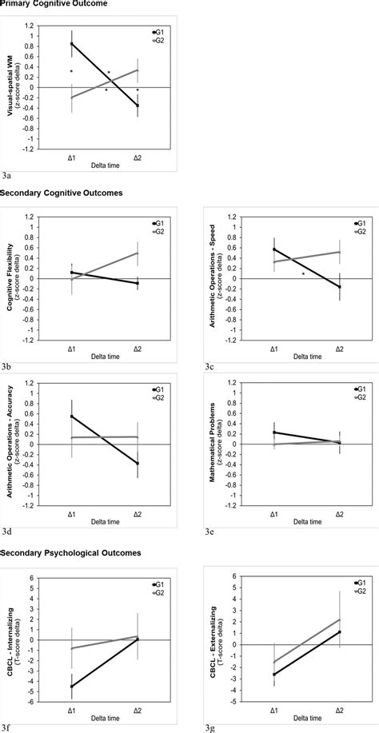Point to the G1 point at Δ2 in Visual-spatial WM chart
pos(138,106)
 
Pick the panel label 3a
pos(7,173)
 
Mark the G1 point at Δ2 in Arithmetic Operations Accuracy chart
pos(138,464)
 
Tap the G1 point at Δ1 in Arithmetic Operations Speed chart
pos(273,249)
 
